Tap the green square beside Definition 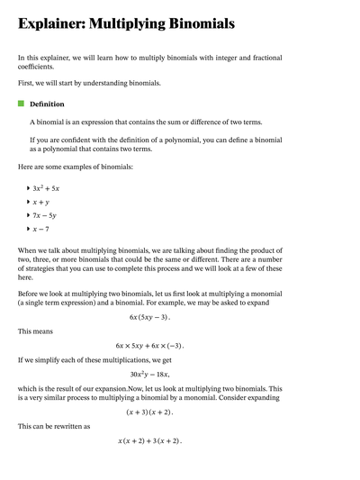(x=22, y=104)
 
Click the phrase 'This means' (x=36, y=331)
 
